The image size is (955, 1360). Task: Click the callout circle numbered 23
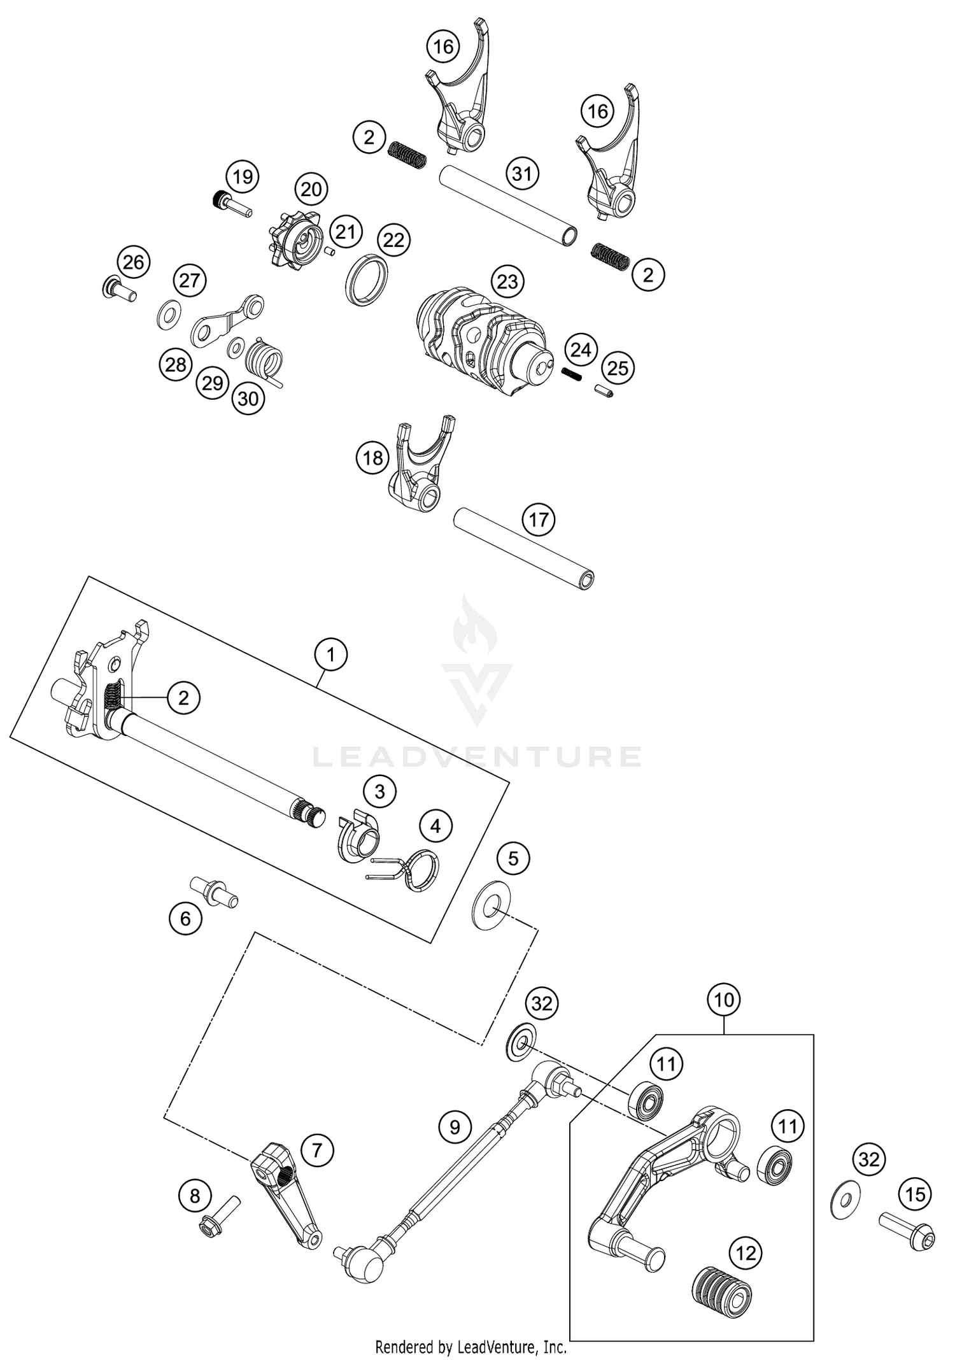pyautogui.click(x=507, y=281)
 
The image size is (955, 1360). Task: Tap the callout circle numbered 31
pyautogui.click(x=522, y=173)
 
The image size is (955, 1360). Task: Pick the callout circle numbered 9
pyautogui.click(x=455, y=1128)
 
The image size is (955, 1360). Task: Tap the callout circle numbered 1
pyautogui.click(x=330, y=654)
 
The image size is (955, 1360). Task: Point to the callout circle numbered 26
pyautogui.click(x=134, y=262)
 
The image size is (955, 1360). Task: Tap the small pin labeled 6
pyautogui.click(x=215, y=889)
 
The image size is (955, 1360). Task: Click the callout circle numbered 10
pyautogui.click(x=724, y=1000)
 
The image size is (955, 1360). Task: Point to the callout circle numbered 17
pyautogui.click(x=539, y=520)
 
